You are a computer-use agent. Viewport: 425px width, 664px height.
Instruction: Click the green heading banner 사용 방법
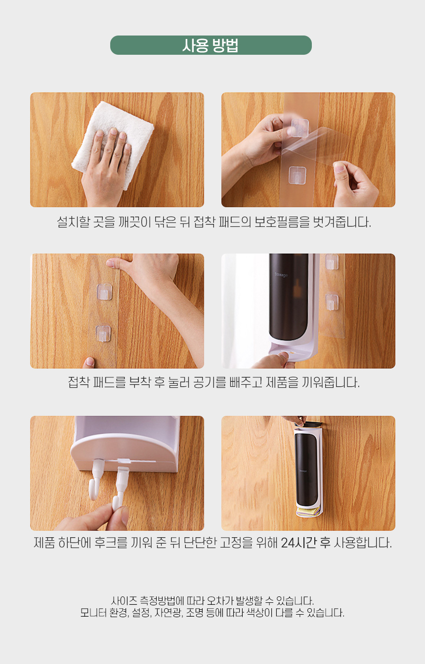(211, 45)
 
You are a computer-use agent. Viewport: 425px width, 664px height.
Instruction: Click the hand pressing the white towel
(107, 166)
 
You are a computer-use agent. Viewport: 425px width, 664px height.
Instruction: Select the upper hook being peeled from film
(299, 128)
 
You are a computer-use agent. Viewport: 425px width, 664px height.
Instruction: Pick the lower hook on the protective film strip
(297, 175)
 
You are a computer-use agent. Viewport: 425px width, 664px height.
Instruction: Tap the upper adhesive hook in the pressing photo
(105, 292)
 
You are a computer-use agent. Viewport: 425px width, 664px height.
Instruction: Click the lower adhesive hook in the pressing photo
(103, 333)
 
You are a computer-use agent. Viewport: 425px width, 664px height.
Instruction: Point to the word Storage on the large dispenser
(281, 275)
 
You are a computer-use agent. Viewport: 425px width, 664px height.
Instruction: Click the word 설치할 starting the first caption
(73, 222)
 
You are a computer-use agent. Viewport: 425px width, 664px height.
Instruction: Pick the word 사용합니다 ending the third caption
(363, 543)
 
